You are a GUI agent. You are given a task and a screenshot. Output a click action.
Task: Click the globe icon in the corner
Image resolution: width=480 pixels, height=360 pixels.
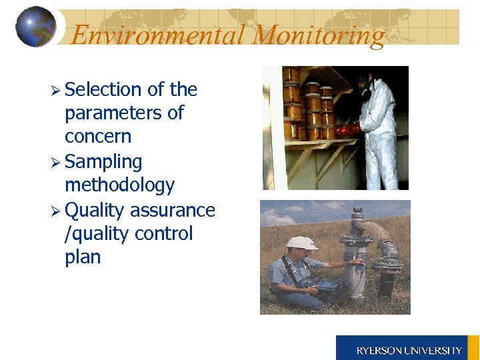[36, 27]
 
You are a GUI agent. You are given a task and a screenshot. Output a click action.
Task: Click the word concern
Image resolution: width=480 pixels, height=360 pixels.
[98, 137]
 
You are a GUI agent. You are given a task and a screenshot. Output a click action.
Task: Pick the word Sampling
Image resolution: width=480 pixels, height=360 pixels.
[103, 161]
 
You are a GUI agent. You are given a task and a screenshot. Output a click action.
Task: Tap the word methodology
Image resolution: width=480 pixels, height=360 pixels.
[119, 185]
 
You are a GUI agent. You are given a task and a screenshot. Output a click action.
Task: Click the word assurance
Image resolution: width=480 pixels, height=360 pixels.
[173, 210]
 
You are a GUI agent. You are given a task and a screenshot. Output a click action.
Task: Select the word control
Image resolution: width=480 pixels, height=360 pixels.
[163, 234]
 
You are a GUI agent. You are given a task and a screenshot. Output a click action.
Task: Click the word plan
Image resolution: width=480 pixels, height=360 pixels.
[83, 258]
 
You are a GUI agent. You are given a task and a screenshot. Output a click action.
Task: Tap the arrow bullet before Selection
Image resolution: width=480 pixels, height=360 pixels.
[55, 90]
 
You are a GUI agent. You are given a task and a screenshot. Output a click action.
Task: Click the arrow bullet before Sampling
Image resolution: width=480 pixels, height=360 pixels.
[55, 162]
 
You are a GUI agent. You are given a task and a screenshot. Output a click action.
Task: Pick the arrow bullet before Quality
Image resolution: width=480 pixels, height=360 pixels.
[55, 211]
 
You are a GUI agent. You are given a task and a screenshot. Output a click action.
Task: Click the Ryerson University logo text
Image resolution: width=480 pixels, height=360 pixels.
[409, 350]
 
